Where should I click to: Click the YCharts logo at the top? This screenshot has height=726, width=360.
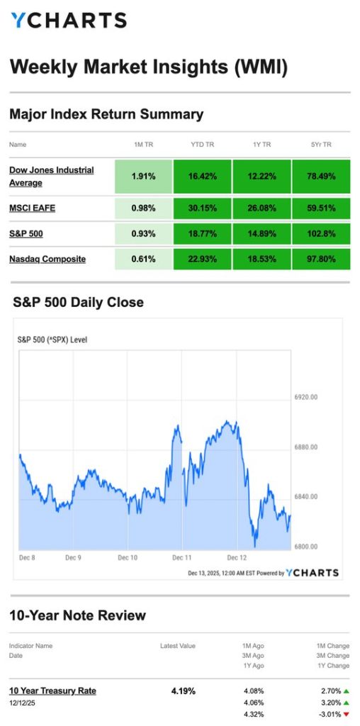click(x=68, y=20)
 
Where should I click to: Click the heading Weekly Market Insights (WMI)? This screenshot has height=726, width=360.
click(x=149, y=67)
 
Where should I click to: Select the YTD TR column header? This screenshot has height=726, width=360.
click(x=203, y=145)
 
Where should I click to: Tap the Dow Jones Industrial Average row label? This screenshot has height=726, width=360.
click(x=51, y=177)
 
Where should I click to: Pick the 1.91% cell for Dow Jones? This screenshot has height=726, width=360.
click(x=144, y=177)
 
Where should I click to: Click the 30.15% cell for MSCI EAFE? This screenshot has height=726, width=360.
click(x=203, y=208)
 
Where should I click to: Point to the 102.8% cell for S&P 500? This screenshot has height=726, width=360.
click(x=321, y=233)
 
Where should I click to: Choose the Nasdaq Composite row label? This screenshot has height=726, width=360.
click(x=47, y=259)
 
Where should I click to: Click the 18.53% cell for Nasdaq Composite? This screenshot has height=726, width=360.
click(x=261, y=259)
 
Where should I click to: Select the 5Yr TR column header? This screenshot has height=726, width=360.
click(x=321, y=145)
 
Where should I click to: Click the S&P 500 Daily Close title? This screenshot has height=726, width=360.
click(x=78, y=302)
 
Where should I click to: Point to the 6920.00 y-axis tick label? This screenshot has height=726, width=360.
click(x=305, y=397)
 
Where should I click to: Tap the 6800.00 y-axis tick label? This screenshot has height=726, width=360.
click(x=305, y=547)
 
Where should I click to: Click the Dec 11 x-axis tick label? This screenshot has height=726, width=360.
click(x=182, y=558)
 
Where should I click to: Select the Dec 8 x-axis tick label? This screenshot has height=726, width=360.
click(x=26, y=558)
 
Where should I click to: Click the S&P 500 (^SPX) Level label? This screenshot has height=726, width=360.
click(x=52, y=340)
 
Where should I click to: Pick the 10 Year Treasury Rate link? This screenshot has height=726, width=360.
click(x=52, y=691)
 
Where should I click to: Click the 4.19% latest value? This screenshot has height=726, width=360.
click(x=184, y=691)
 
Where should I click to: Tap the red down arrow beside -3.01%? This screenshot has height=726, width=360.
click(x=347, y=715)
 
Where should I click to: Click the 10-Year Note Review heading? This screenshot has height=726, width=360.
click(x=78, y=615)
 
